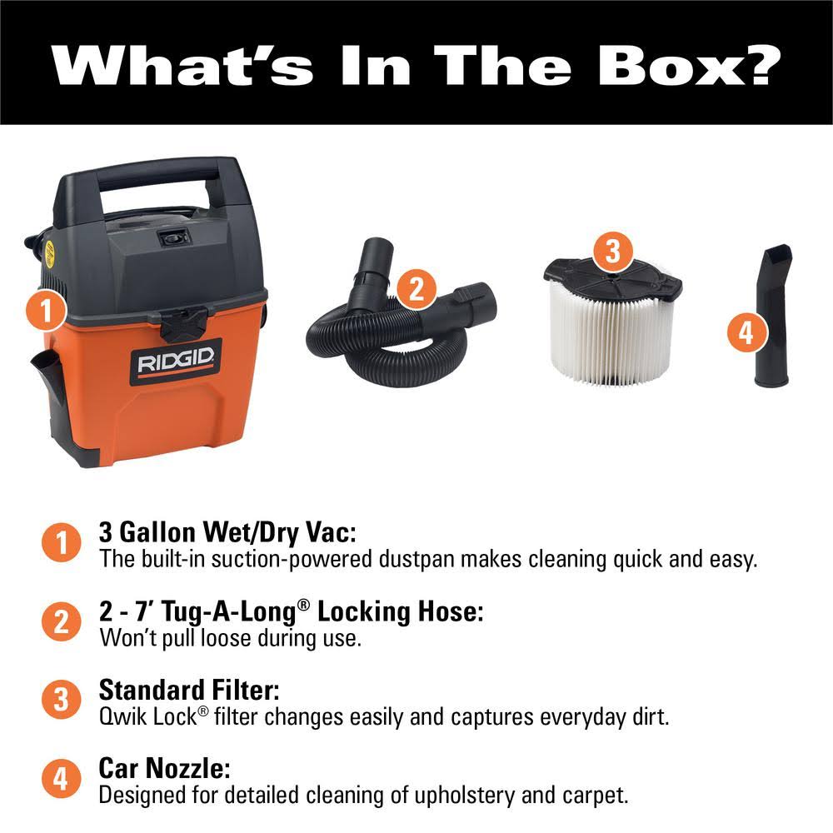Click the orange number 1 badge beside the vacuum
47,312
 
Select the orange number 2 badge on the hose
416,288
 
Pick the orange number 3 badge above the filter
612,250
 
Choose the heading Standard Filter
189,690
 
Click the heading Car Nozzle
164,768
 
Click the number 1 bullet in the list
61,544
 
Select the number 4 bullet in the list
61,780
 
